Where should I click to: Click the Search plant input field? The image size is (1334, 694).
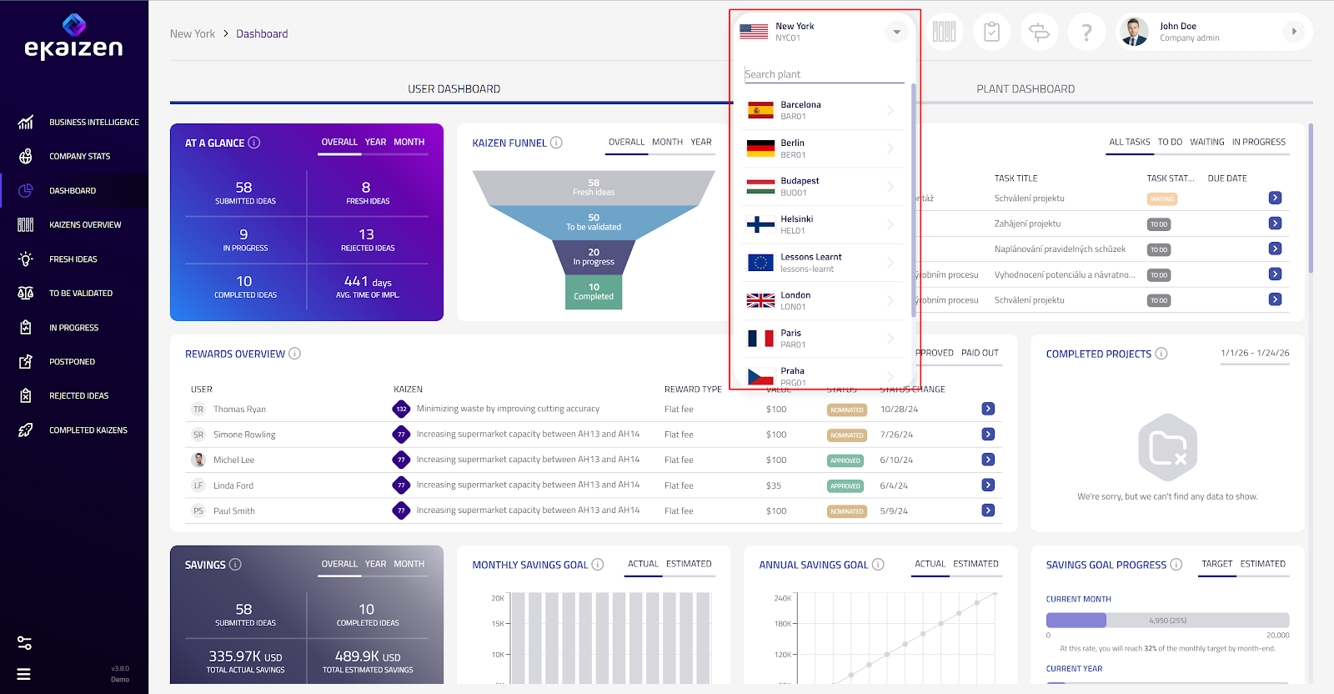(823, 74)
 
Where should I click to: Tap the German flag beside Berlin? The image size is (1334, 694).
(760, 148)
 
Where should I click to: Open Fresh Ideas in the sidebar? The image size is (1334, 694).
(73, 259)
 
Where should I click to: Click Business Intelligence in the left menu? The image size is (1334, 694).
(93, 123)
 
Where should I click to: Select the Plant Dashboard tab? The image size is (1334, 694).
(1026, 89)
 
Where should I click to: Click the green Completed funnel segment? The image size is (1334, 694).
(594, 292)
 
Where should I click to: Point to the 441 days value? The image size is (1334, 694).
(368, 282)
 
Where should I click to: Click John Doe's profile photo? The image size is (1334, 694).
(1134, 32)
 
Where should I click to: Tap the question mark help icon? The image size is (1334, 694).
(1086, 33)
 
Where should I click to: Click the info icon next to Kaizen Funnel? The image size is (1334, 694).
(556, 143)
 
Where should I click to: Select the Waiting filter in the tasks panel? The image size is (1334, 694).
(1206, 143)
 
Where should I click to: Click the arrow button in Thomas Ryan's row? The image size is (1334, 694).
(988, 409)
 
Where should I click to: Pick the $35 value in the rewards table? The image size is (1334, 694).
(774, 485)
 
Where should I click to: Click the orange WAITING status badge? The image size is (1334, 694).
(1161, 199)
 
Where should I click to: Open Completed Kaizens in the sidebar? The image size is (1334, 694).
(88, 430)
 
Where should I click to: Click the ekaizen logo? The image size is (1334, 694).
(73, 38)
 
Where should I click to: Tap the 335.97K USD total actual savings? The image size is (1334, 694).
(245, 656)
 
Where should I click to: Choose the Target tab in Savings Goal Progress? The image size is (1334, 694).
(1216, 564)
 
